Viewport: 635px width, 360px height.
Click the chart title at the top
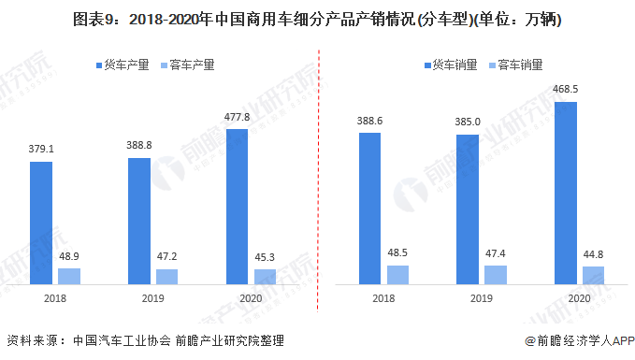coord(317,18)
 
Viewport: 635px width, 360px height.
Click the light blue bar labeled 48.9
coord(69,276)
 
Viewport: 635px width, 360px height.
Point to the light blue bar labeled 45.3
coord(266,276)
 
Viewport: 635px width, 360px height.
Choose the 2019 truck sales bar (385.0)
coord(468,209)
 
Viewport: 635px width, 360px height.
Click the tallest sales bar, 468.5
coord(566,193)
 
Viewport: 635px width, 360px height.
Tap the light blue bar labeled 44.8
coord(594,275)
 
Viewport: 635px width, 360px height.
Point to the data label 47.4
coord(496,252)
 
